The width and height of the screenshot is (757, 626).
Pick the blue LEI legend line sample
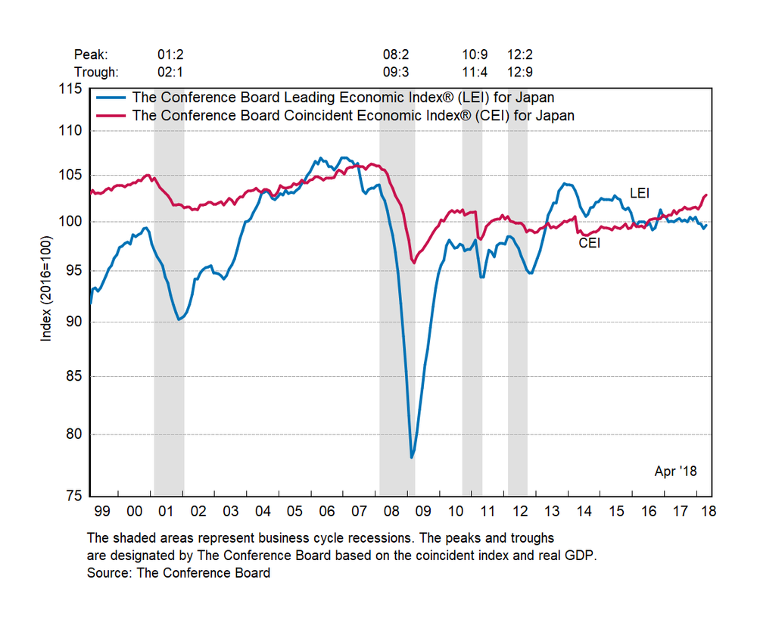pyautogui.click(x=111, y=97)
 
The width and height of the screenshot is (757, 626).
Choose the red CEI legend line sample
pyautogui.click(x=111, y=116)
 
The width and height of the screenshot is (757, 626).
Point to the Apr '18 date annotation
pyautogui.click(x=675, y=472)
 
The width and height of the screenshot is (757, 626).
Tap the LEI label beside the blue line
pyautogui.click(x=640, y=194)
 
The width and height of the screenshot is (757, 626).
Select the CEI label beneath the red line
pyautogui.click(x=590, y=243)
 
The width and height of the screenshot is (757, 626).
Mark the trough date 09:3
pyautogui.click(x=397, y=73)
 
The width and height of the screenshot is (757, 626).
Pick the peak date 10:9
pyautogui.click(x=475, y=55)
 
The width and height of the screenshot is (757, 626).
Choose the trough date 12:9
pyautogui.click(x=521, y=73)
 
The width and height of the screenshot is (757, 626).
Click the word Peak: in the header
pyautogui.click(x=92, y=55)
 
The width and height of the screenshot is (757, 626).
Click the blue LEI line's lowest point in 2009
pyautogui.click(x=412, y=457)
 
